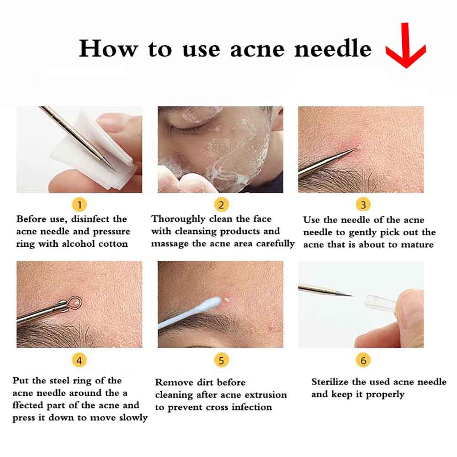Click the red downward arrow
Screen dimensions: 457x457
point(406,47)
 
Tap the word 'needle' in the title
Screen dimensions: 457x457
point(333,48)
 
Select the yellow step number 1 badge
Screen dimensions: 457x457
point(79,205)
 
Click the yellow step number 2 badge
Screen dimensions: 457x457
point(221,205)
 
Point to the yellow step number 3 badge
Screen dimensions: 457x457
point(363,205)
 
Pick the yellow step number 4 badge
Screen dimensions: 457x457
point(79,361)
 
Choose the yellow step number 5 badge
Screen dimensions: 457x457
point(221,361)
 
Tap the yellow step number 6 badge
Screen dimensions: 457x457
point(363,361)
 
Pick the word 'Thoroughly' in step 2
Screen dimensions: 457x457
point(178,219)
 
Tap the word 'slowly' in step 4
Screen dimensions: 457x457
point(133,418)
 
